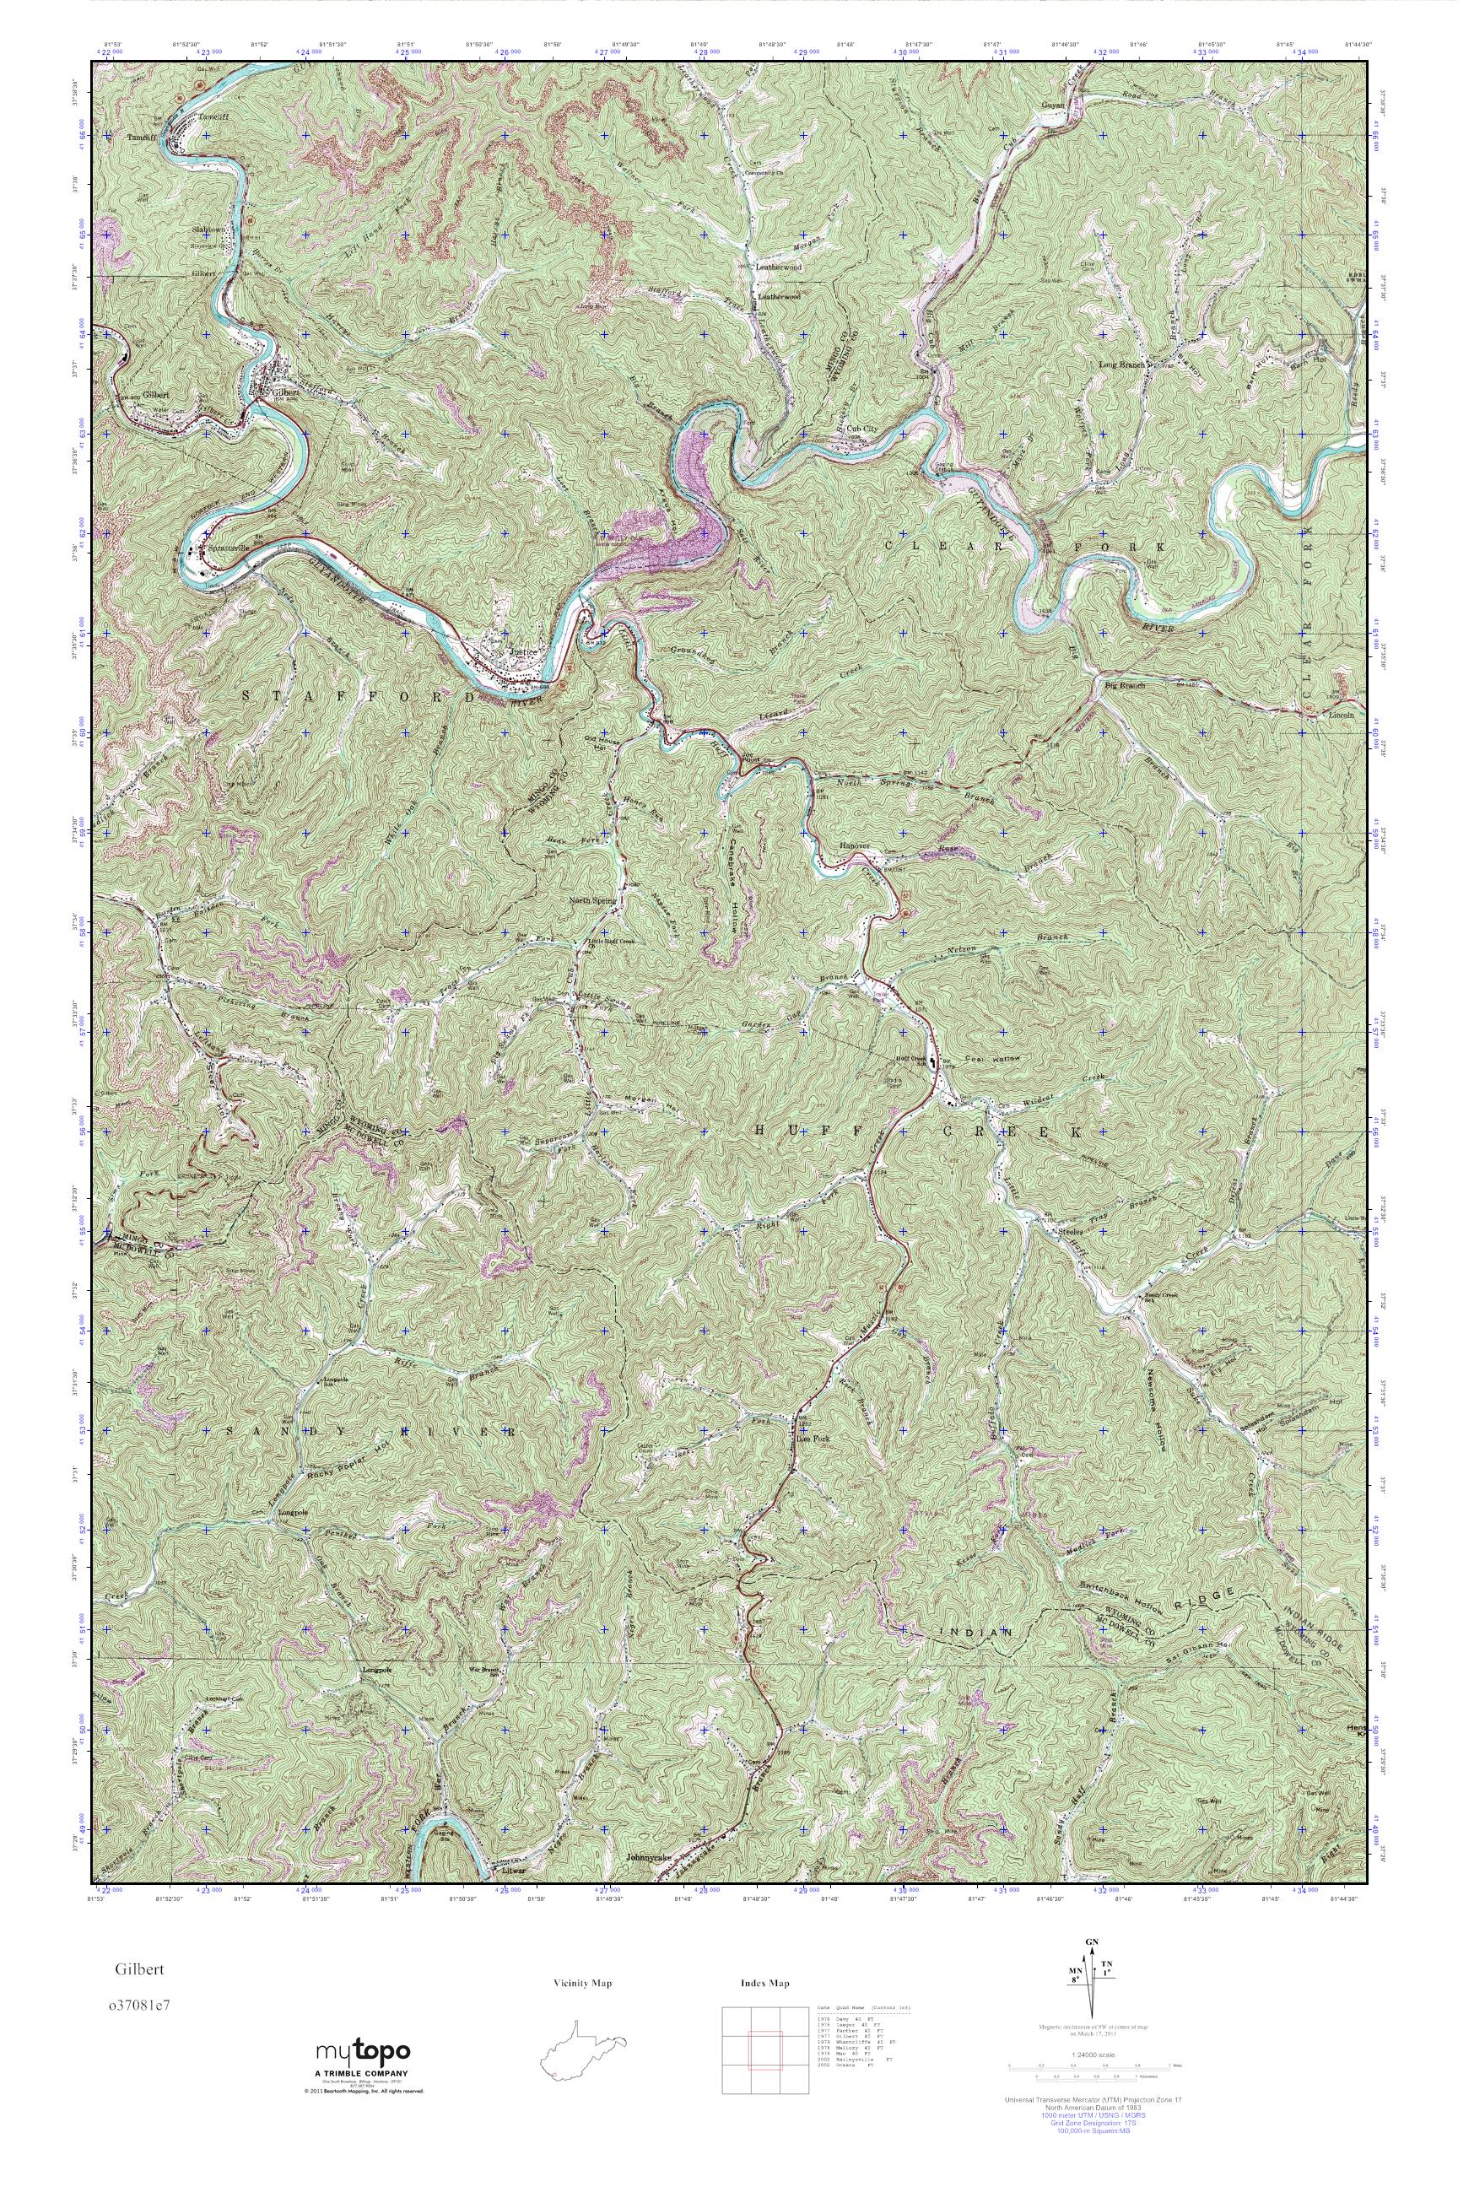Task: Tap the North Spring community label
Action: click(x=592, y=900)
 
